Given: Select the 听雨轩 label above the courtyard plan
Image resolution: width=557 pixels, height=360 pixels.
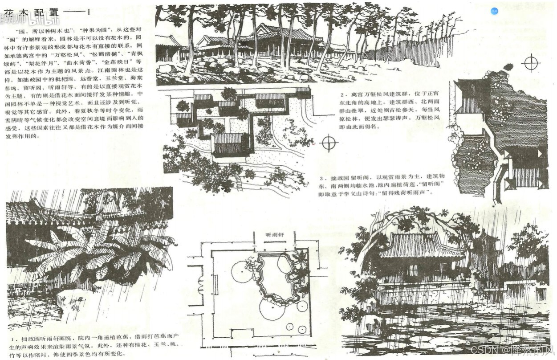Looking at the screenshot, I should pos(274,235).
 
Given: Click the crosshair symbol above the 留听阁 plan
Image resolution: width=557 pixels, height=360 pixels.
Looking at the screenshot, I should pos(531,62).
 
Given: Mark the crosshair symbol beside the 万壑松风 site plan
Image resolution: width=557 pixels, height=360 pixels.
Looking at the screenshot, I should pos(329,143).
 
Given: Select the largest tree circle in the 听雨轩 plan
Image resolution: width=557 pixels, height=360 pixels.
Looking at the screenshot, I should pos(272,308).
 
